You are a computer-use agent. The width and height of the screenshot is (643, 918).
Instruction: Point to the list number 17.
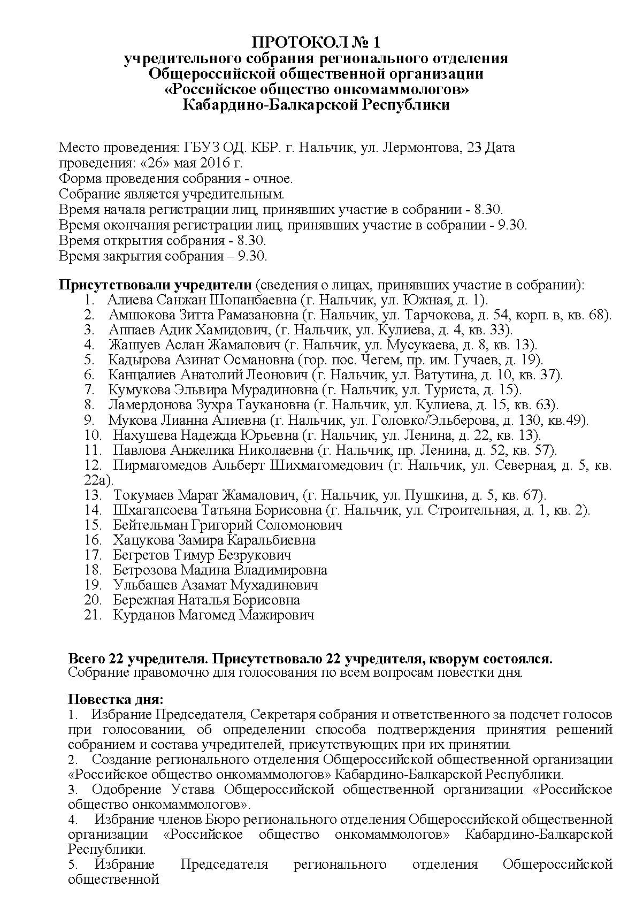[x=93, y=555]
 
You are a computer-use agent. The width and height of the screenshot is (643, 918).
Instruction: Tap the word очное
[x=274, y=178]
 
